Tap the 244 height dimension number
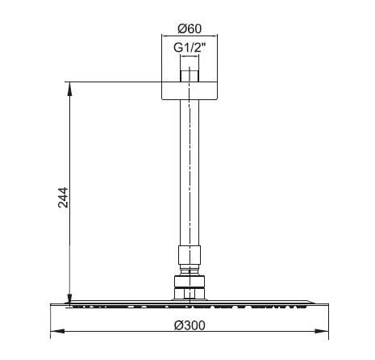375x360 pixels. [x=64, y=198]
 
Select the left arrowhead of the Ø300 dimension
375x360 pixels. [x=56, y=331]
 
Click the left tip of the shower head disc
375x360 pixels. [x=54, y=305]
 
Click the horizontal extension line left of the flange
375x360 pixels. [x=113, y=81]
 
